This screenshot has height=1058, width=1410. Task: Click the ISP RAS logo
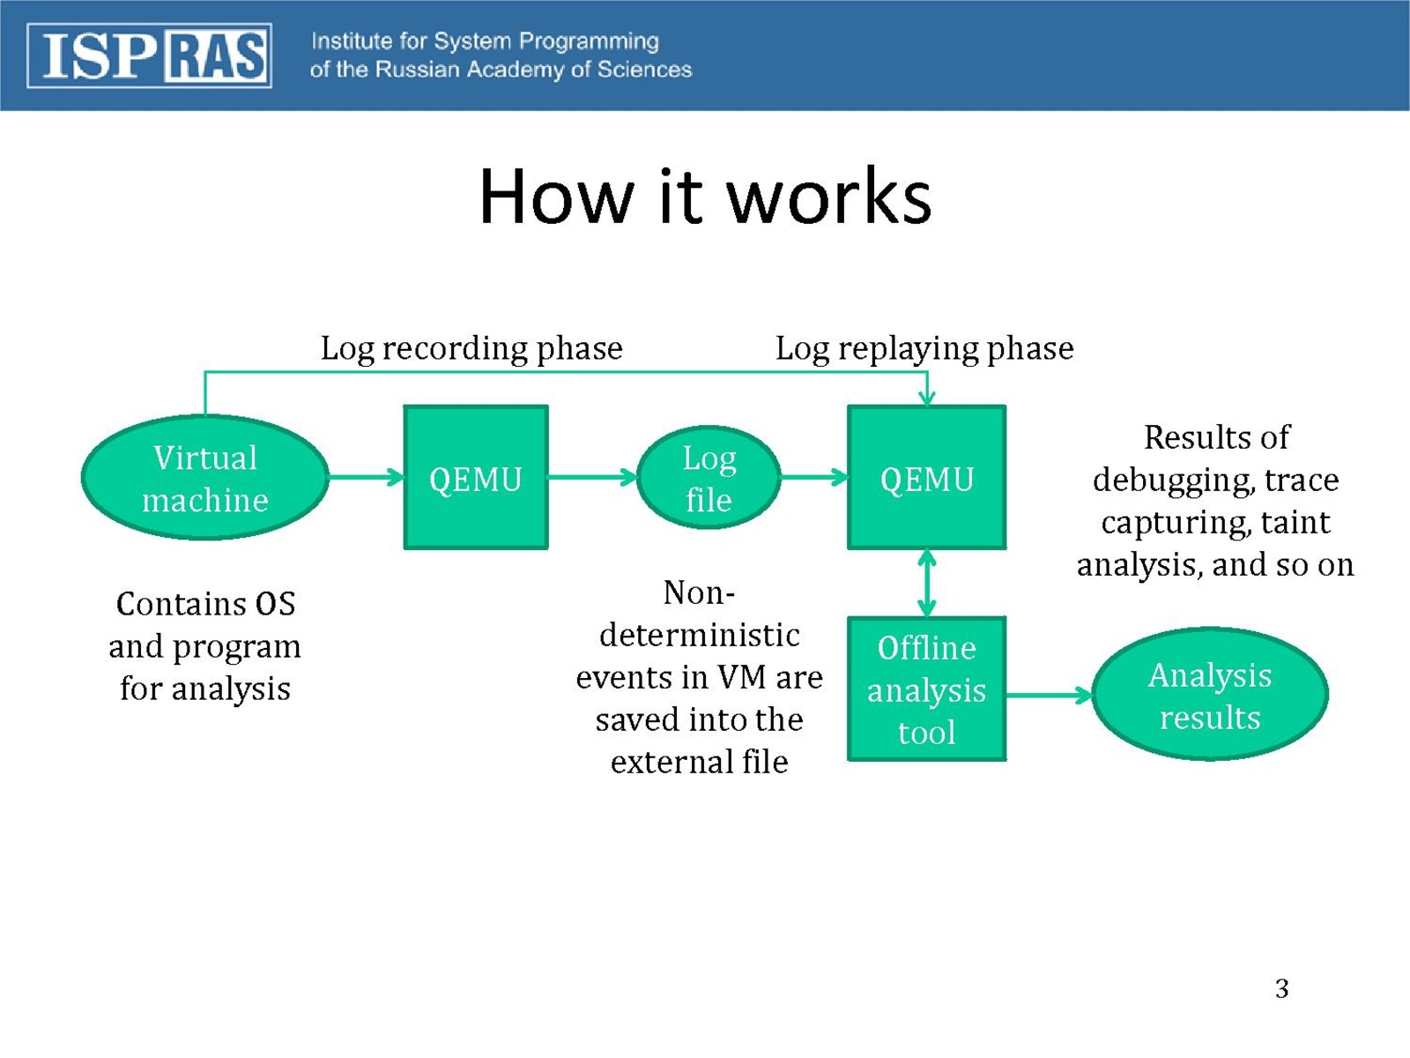click(149, 56)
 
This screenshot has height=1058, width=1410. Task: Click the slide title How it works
click(705, 196)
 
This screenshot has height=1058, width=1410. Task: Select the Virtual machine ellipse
click(205, 478)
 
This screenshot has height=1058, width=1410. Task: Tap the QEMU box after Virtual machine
click(476, 478)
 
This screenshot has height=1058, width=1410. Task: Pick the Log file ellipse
click(709, 478)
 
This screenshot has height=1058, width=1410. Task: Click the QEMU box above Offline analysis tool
click(926, 478)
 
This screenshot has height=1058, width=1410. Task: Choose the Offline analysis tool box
click(926, 689)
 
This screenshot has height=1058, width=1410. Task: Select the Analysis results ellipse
click(1210, 695)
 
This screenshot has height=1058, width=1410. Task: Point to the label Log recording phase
click(471, 348)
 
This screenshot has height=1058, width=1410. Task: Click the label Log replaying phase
click(924, 348)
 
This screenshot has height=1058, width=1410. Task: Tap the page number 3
click(1281, 988)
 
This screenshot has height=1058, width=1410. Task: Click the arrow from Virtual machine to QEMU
click(366, 478)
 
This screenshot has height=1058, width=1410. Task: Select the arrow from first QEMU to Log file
click(592, 478)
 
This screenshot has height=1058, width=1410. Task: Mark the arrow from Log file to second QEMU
click(814, 478)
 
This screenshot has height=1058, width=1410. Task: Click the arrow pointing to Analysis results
click(1049, 696)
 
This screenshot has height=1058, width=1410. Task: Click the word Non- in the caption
click(699, 592)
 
